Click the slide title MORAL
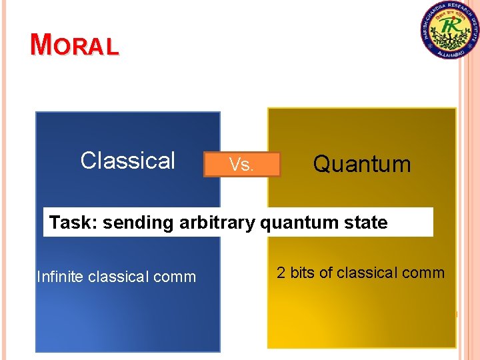coord(75,45)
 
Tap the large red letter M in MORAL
coord(41,44)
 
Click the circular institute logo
coord(449,31)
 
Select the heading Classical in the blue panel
coord(127,161)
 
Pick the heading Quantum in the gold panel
coord(362,163)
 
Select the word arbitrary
coord(217,223)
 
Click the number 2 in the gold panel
coord(281,273)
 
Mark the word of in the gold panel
coord(328,273)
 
